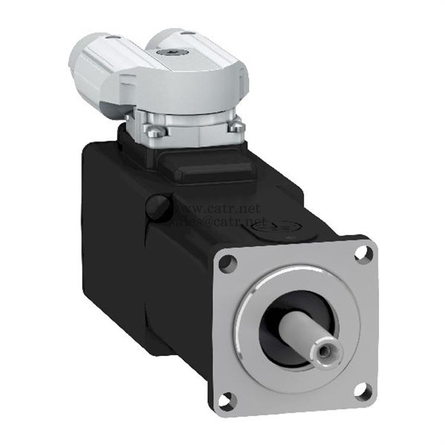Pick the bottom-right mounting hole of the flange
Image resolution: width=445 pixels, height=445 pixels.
(361, 391)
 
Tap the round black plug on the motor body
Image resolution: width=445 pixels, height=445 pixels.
(158, 207)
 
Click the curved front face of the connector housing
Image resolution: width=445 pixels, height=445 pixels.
(178, 89)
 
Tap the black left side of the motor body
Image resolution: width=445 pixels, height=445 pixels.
(113, 255)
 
